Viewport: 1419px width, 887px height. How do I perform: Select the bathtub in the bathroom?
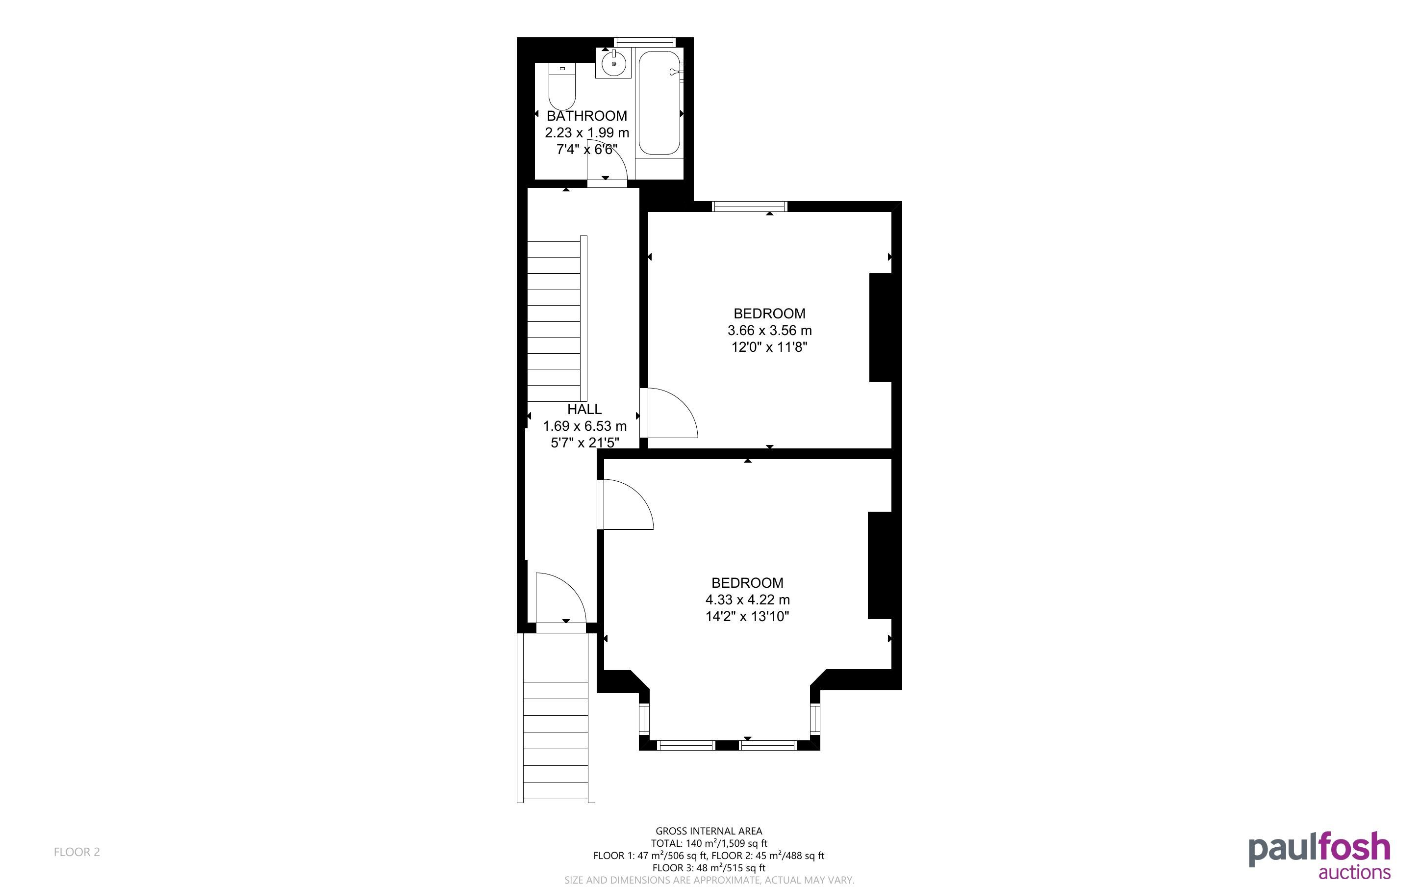point(659,103)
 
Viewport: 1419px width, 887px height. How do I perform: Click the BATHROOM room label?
point(587,116)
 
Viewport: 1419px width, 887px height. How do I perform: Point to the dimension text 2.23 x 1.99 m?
point(587,132)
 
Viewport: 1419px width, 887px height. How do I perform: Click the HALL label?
point(584,409)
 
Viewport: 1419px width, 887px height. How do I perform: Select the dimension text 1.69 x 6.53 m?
point(584,426)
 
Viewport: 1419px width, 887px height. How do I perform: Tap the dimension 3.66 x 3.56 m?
point(770,330)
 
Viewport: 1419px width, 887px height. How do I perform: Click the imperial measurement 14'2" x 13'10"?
point(747,616)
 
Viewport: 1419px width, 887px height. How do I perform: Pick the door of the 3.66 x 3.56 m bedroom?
point(669,413)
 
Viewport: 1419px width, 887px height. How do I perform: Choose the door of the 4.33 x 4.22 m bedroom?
point(625,504)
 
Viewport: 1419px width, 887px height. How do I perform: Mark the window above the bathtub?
point(645,42)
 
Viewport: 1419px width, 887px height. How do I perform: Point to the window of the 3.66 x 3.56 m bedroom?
point(749,206)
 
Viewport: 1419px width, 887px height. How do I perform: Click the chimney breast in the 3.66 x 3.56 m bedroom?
point(880,327)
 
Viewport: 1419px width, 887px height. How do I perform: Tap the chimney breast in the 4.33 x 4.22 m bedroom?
point(879,566)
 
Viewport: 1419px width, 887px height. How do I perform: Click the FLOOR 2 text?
point(77,852)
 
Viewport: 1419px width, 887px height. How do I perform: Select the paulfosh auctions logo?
point(1319,855)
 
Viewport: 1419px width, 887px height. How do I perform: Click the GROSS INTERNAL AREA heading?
point(709,831)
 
